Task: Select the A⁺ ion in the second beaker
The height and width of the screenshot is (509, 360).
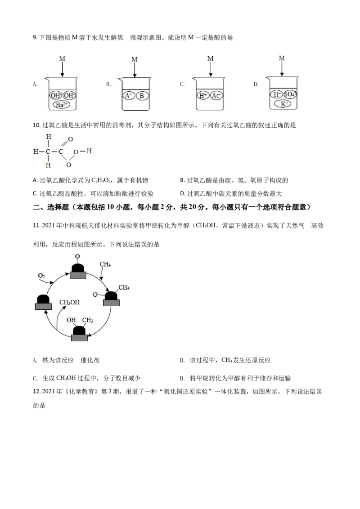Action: click(x=129, y=95)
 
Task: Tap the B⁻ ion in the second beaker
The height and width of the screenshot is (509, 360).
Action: click(x=142, y=95)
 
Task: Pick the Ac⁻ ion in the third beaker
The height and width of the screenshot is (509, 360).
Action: click(x=216, y=95)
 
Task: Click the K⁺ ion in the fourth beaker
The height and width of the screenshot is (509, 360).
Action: click(x=282, y=103)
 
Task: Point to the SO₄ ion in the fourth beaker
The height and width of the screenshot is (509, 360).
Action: click(x=290, y=94)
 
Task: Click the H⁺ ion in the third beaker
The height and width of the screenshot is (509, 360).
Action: click(x=203, y=95)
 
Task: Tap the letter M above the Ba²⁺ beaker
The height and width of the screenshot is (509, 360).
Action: click(x=62, y=58)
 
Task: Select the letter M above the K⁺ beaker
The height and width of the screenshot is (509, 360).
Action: click(x=282, y=58)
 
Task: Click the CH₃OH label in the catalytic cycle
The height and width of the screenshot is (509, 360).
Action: click(x=69, y=302)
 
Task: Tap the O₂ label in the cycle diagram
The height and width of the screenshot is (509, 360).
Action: click(x=41, y=275)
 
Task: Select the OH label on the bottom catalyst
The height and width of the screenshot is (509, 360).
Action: click(x=71, y=320)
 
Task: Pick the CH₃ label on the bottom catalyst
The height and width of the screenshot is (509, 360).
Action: click(x=87, y=320)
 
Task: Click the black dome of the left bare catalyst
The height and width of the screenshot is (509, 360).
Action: click(x=43, y=299)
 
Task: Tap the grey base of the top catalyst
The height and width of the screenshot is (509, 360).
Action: click(x=78, y=275)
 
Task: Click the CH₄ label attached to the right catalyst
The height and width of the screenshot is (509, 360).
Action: click(x=124, y=287)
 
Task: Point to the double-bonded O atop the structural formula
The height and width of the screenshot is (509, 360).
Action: click(x=70, y=139)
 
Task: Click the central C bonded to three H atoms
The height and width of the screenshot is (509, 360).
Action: click(x=48, y=152)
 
